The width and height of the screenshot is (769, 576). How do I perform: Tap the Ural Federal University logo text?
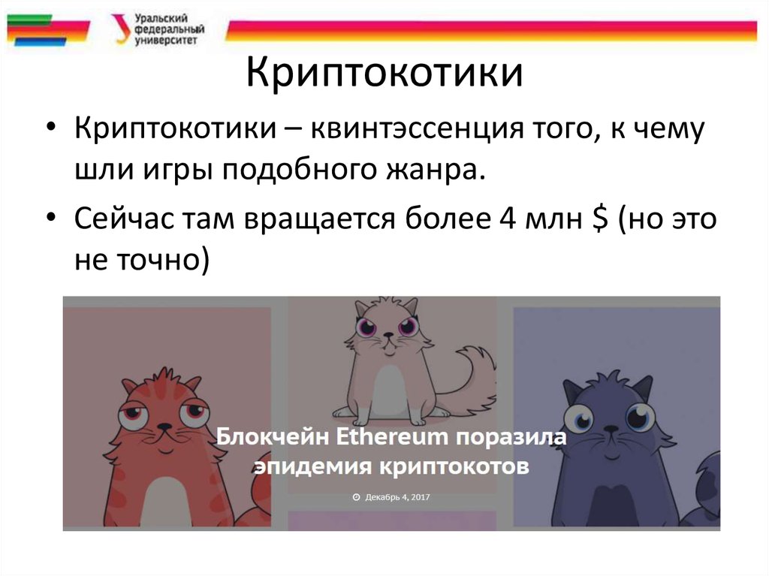167,29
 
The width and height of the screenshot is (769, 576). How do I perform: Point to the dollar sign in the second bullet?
600,219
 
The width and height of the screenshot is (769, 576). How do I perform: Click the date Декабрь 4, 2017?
397,497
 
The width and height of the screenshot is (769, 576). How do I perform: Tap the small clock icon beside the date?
356,497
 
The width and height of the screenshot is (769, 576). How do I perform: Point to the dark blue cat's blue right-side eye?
640,415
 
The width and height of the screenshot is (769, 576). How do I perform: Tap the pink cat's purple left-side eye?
368,327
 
